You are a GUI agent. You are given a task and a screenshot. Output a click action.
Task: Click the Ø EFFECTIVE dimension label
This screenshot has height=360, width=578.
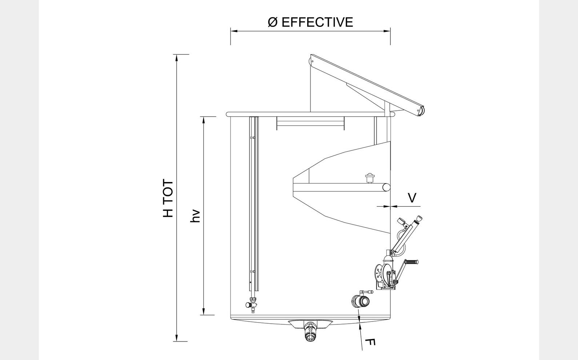pos(310,22)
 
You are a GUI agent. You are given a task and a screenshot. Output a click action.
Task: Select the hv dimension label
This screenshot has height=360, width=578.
pos(195,216)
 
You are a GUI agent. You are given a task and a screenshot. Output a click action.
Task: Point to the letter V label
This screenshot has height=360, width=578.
pos(412,198)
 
